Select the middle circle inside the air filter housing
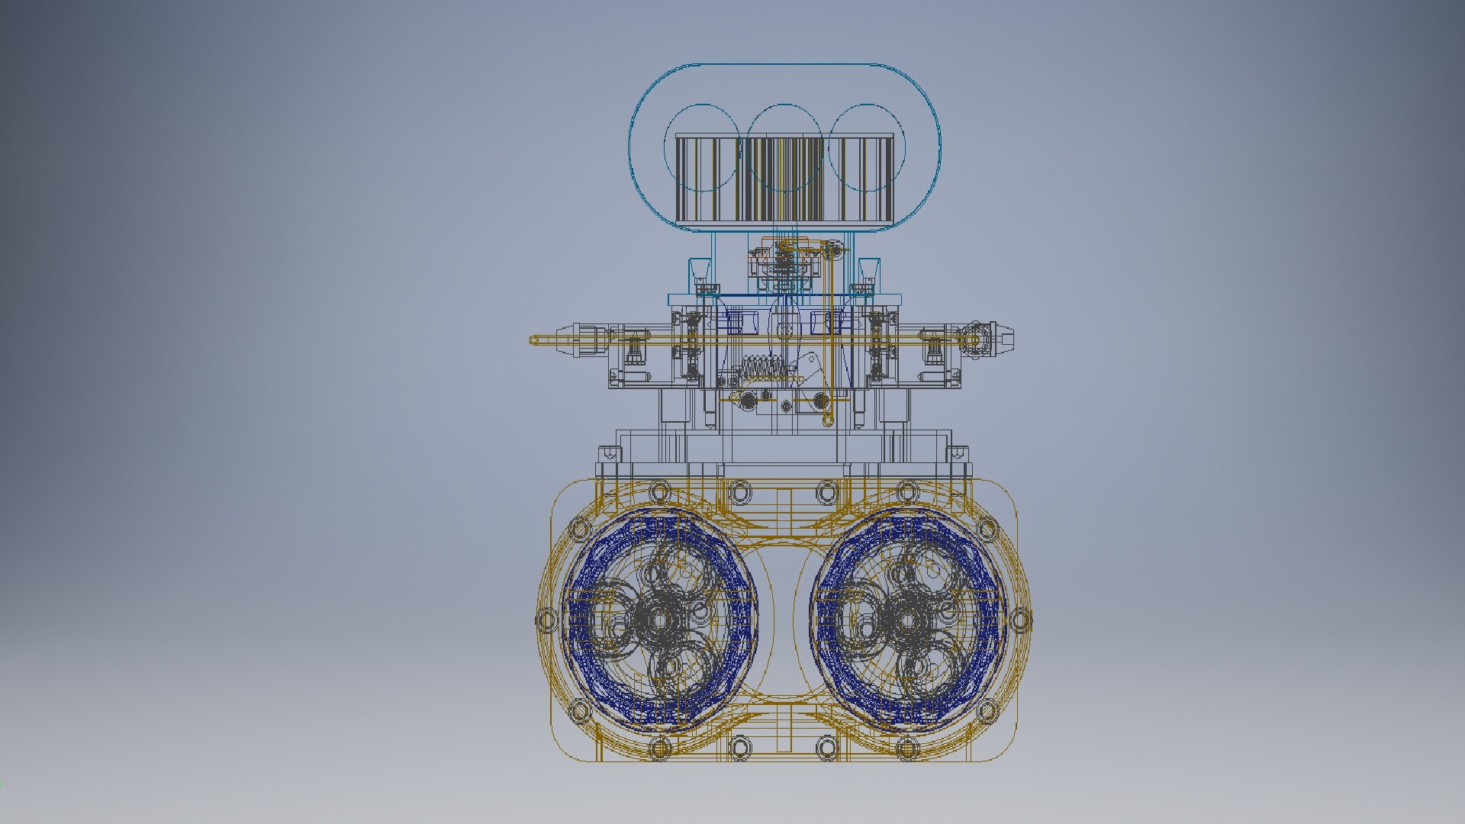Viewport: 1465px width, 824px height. (785, 147)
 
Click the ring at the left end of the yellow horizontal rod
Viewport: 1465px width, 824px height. (534, 340)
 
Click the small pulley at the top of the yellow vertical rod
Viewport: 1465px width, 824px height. (837, 249)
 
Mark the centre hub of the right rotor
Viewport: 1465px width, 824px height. (907, 620)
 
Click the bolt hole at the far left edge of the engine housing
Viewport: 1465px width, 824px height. (546, 620)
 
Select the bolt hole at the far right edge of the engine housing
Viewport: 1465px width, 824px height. (1021, 620)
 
